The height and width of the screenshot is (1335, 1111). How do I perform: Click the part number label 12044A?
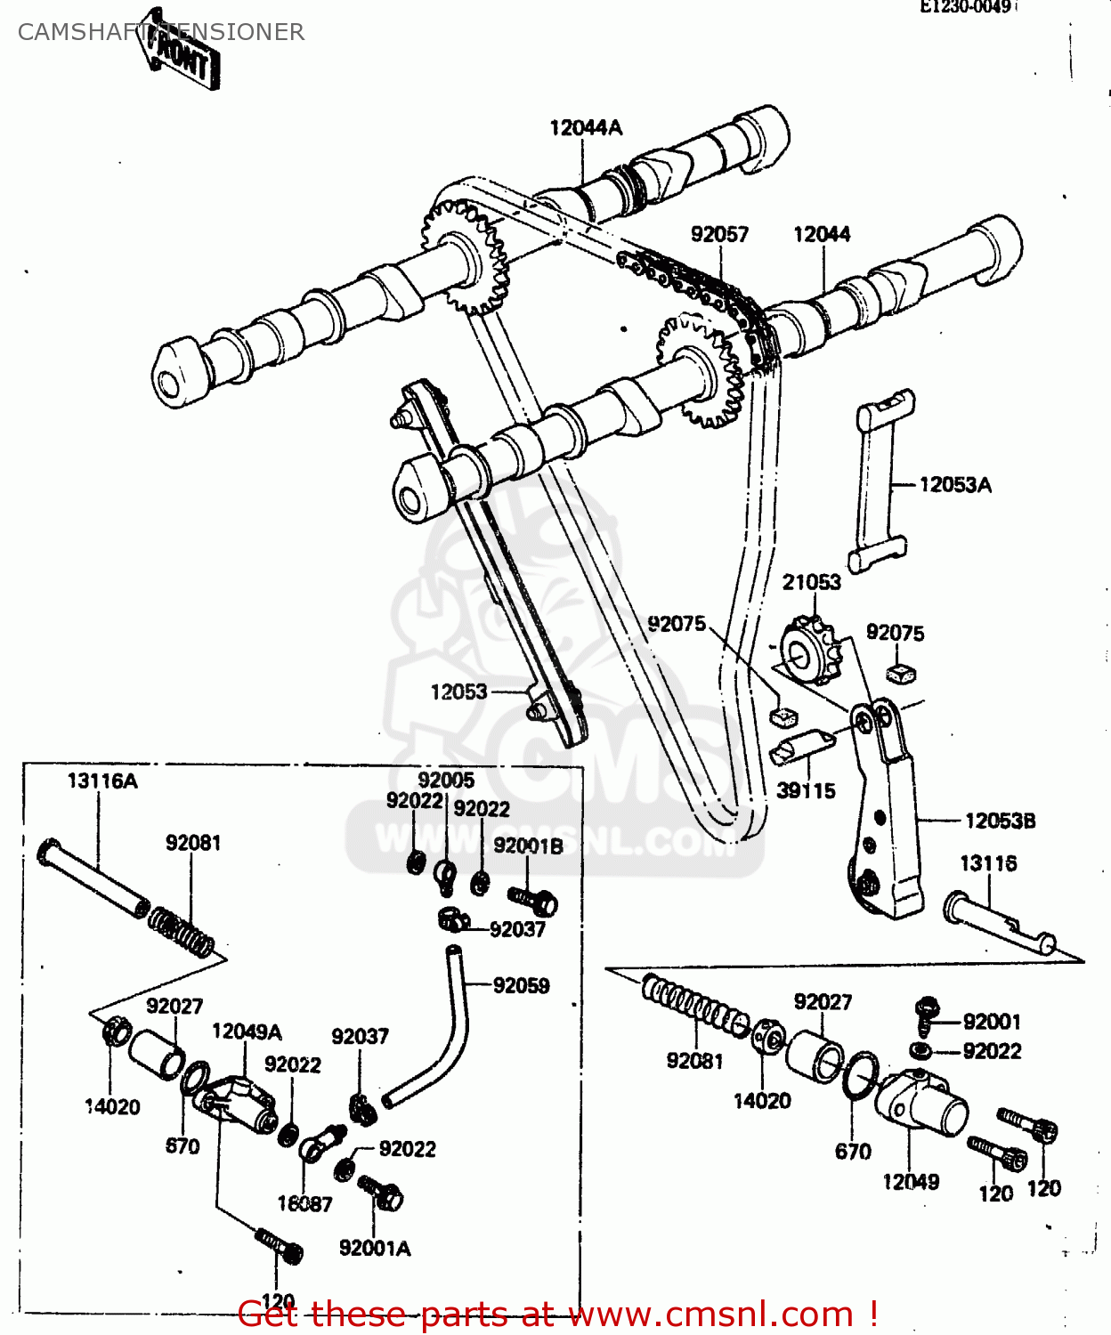pyautogui.click(x=586, y=128)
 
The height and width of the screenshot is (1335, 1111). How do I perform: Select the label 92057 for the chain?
pyautogui.click(x=719, y=234)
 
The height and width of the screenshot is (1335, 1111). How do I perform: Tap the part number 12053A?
pyautogui.click(x=954, y=485)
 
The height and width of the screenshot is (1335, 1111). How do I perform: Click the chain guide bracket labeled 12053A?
pyautogui.click(x=879, y=481)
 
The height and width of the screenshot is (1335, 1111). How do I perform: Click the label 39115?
pyautogui.click(x=806, y=790)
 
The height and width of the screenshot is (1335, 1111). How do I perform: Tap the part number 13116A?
pyautogui.click(x=102, y=781)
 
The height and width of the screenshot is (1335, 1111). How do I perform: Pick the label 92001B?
pyautogui.click(x=528, y=846)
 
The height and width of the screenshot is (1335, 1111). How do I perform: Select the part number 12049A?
pyautogui.click(x=247, y=1032)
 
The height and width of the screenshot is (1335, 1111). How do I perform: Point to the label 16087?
pyautogui.click(x=304, y=1204)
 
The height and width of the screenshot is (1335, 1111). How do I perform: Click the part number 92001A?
pyautogui.click(x=375, y=1249)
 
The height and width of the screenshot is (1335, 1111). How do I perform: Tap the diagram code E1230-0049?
pyautogui.click(x=966, y=7)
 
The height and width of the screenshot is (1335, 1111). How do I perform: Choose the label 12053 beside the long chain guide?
pyautogui.click(x=458, y=692)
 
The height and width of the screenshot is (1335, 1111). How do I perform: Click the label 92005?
pyautogui.click(x=446, y=781)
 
